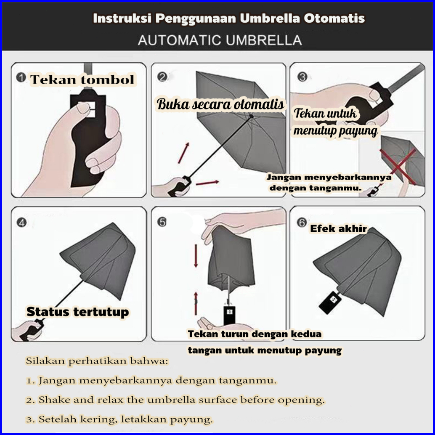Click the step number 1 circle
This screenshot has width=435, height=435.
click(21, 77)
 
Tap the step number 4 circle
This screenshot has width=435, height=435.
click(21, 223)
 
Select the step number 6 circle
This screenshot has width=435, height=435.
click(302, 223)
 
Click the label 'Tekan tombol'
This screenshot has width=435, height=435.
click(82, 80)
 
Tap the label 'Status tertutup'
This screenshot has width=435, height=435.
click(78, 312)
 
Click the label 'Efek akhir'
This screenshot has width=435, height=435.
click(339, 228)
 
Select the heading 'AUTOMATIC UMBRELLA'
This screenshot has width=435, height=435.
click(220, 40)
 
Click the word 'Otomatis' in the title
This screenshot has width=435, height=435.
click(334, 19)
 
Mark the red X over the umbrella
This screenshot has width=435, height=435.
click(398, 167)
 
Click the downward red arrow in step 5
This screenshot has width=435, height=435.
click(196, 255)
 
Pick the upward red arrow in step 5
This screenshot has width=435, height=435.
click(196, 303)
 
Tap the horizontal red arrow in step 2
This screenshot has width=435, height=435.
click(207, 183)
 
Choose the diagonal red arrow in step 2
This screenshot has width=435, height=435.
click(183, 153)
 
